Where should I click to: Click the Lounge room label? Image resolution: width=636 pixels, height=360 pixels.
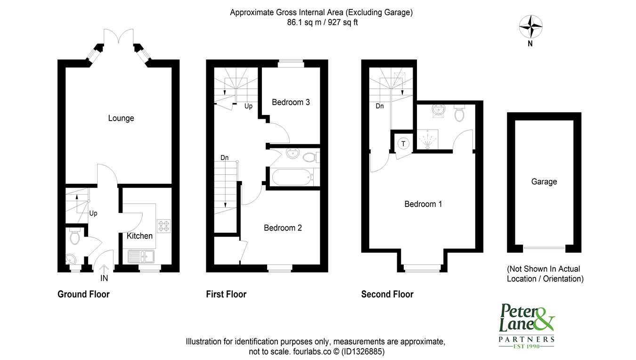pyautogui.click(x=121, y=118)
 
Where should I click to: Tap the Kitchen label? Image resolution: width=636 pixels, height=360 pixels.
pyautogui.click(x=139, y=236)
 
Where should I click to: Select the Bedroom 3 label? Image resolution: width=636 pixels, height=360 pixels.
pyautogui.click(x=291, y=102)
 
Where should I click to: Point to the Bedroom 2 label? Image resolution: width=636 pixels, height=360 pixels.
pyautogui.click(x=283, y=228)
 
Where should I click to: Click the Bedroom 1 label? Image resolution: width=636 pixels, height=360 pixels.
pyautogui.click(x=423, y=204)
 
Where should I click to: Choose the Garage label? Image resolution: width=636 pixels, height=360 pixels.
pyautogui.click(x=544, y=182)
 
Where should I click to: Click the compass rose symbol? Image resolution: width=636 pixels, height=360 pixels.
pyautogui.click(x=530, y=27)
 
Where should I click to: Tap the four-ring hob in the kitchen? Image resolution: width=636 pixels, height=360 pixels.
pyautogui.click(x=164, y=226)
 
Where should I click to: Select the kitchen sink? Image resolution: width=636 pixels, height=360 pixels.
pyautogui.click(x=141, y=257)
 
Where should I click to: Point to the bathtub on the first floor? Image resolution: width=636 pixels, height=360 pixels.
pyautogui.click(x=293, y=177)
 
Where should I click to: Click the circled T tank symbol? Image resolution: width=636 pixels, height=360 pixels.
pyautogui.click(x=403, y=144)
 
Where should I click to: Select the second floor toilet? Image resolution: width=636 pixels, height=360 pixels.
pyautogui.click(x=459, y=113)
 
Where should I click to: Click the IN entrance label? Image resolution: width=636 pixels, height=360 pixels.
pyautogui.click(x=104, y=278)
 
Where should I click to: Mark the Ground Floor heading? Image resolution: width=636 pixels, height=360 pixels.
pyautogui.click(x=83, y=294)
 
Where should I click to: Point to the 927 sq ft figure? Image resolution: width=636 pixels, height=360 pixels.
pyautogui.click(x=342, y=22)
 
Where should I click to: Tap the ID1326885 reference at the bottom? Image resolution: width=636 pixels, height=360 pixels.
pyautogui.click(x=363, y=352)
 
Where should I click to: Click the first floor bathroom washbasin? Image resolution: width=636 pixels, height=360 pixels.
pyautogui.click(x=293, y=153)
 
